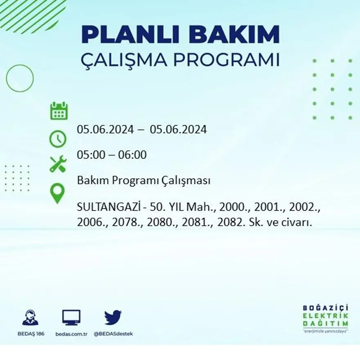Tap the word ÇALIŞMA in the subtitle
(x=124, y=60)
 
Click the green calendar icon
(x=59, y=111)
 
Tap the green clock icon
(x=58, y=139)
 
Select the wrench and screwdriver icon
(x=58, y=164)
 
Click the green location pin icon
(x=58, y=193)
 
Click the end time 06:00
(x=132, y=155)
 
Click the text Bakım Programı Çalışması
(x=144, y=180)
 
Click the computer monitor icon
(x=71, y=318)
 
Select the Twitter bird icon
(x=113, y=317)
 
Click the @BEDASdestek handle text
(x=113, y=334)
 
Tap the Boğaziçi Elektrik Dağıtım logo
(x=326, y=319)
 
